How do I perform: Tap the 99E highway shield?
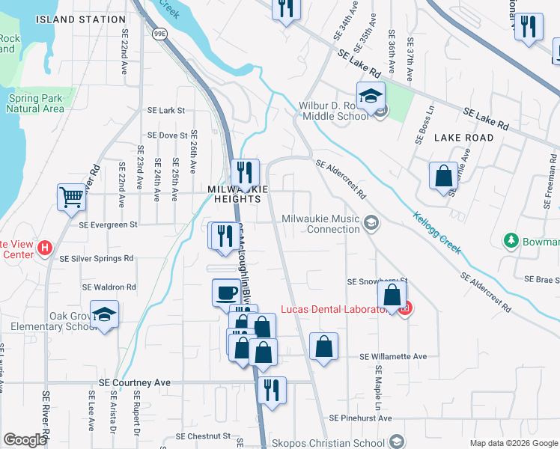[159, 34]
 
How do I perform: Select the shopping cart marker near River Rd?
[71, 198]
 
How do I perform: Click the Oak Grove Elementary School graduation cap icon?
[104, 314]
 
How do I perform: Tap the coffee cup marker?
[226, 292]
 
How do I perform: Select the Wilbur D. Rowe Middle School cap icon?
[370, 96]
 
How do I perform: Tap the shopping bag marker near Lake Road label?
[443, 177]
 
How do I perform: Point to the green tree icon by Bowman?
[511, 241]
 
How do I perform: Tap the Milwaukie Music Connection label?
[322, 224]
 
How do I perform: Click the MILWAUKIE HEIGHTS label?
[238, 195]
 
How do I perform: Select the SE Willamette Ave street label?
[393, 357]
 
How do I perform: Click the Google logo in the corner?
[25, 440]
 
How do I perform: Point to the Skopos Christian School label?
[329, 442]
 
